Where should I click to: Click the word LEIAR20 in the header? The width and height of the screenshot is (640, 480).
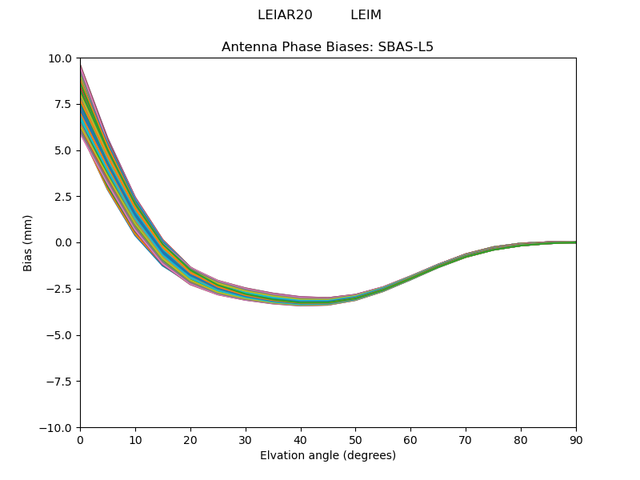pos(285,15)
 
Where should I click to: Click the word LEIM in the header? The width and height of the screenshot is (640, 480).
pos(366,15)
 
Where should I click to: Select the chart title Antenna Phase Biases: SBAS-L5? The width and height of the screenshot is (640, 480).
pos(327,46)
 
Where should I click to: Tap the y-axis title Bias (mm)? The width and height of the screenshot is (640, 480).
pos(28,242)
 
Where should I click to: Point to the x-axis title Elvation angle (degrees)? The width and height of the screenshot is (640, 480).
pos(327,455)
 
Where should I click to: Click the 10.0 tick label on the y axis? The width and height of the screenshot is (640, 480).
pos(61,58)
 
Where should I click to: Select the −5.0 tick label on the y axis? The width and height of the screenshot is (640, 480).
pos(59,335)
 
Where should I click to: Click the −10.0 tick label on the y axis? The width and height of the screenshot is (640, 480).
pos(57,427)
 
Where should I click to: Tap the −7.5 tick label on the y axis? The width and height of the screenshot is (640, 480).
pos(59,382)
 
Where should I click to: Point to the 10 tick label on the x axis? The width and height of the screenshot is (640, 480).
pos(135,439)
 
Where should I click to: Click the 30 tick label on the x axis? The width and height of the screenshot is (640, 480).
pos(246,439)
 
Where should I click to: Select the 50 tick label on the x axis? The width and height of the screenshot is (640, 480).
pos(355,439)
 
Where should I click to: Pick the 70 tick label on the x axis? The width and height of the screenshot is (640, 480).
pos(466,439)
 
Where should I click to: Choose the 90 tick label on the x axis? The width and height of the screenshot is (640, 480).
pos(576,439)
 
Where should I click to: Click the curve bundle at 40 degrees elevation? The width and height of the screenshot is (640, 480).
pos(301,301)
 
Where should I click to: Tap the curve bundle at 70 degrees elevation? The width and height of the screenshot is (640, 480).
pos(466,255)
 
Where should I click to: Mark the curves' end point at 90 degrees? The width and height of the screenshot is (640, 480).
pos(575,242)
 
